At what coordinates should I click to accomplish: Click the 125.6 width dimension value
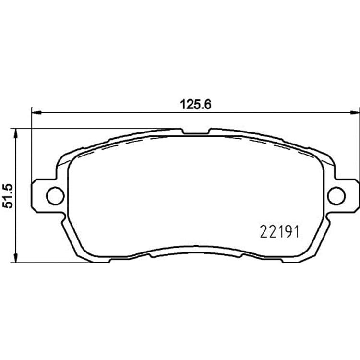point(196,105)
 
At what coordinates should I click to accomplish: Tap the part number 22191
point(279,232)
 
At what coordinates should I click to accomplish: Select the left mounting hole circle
point(55,196)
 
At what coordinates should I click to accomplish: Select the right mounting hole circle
point(336,196)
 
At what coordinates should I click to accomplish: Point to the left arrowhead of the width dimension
point(36,112)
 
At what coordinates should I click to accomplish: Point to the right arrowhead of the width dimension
point(355,112)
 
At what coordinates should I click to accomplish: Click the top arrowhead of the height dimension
point(15,133)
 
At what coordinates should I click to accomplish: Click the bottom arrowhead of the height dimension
point(15,258)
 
